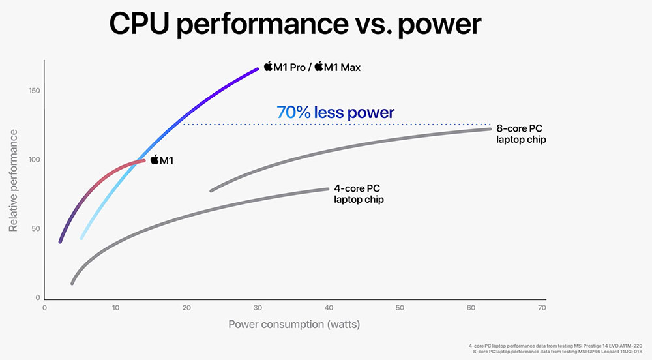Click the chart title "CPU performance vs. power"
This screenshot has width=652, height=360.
click(295, 24)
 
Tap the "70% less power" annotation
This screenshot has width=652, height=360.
click(335, 112)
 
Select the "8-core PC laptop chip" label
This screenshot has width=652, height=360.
click(521, 134)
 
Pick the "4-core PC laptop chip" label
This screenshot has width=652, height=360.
click(359, 194)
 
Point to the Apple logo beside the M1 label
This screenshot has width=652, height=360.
click(155, 159)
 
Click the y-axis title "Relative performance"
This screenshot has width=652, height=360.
click(13, 180)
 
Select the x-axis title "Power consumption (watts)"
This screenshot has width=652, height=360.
click(294, 323)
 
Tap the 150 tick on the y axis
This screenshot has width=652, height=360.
click(33, 90)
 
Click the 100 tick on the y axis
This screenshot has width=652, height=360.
click(33, 160)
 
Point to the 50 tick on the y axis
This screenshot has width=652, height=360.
click(35, 229)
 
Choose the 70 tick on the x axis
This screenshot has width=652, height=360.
click(541, 308)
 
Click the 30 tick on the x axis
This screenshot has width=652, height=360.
click(258, 308)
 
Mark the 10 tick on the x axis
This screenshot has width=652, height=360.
click(115, 308)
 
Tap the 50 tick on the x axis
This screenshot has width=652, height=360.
click(399, 308)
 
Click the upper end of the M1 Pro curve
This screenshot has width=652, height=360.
click(258, 68)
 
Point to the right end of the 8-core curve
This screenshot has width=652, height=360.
click(490, 129)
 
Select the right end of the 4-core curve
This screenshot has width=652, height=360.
click(327, 189)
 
